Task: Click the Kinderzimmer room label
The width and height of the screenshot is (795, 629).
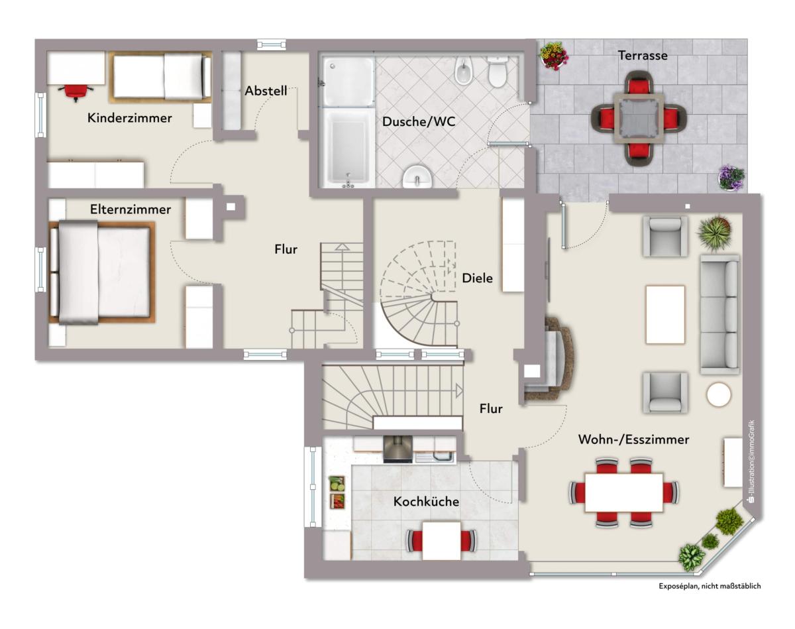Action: tap(130, 118)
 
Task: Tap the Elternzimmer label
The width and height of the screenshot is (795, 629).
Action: tap(131, 209)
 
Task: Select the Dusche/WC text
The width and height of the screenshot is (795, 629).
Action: tap(419, 121)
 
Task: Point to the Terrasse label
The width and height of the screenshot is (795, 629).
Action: tap(643, 56)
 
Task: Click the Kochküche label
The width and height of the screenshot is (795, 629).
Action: tap(426, 502)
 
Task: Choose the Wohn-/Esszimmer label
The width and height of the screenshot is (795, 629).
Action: tap(633, 439)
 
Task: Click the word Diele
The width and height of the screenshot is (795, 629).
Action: tap(477, 278)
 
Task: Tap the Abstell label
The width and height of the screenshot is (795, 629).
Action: tap(266, 91)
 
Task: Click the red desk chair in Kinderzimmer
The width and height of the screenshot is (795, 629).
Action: tap(76, 91)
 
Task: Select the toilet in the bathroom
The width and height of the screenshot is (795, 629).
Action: tap(498, 72)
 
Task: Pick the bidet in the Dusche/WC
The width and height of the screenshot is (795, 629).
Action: tap(462, 70)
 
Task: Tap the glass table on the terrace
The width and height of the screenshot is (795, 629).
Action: tap(639, 118)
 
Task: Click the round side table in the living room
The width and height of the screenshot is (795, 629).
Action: tap(719, 394)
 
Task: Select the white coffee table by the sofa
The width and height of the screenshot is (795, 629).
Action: tap(665, 314)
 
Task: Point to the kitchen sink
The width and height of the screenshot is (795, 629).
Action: tap(435, 457)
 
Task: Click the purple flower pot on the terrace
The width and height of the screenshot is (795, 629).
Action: tap(731, 178)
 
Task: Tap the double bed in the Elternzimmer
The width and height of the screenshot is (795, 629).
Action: tap(102, 272)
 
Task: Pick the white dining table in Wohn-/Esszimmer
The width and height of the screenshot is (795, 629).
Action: tap(624, 492)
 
